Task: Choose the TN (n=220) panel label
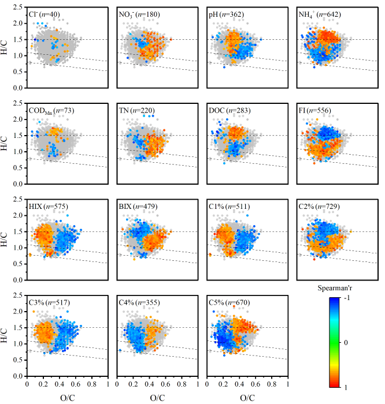point(136,110)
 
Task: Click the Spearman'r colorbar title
point(332,287)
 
